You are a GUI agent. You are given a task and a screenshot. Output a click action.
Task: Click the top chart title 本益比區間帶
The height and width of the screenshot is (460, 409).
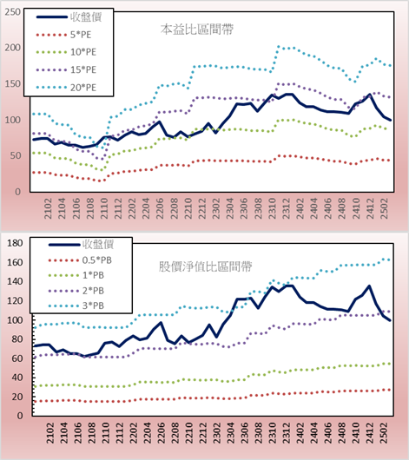(197, 30)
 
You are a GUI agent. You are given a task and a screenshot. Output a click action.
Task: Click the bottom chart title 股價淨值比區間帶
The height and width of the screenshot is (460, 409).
(205, 266)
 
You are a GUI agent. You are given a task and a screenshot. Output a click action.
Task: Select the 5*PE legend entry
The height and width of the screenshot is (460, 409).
(63, 35)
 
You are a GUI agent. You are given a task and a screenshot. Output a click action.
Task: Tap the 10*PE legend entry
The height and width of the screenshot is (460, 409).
(66, 52)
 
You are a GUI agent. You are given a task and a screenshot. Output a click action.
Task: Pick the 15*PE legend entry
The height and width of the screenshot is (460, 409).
(66, 69)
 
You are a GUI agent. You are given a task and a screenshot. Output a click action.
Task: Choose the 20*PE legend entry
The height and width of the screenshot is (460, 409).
(66, 88)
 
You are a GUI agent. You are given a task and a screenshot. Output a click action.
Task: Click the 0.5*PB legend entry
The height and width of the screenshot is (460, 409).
(80, 260)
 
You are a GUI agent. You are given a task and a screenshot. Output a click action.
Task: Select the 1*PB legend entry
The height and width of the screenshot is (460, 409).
(76, 275)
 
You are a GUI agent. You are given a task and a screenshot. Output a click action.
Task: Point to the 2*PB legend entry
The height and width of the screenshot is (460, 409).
(76, 291)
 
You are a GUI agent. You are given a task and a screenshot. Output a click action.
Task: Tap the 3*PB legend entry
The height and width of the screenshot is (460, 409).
(76, 306)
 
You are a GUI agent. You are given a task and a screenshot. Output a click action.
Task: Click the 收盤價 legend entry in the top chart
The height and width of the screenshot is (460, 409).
(69, 17)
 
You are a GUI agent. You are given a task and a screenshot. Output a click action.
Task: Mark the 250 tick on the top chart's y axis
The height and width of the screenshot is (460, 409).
(13, 12)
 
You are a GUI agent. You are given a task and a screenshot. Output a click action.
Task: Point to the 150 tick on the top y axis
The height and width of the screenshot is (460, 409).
(13, 84)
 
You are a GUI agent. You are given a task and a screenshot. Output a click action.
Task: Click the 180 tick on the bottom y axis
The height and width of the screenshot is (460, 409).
(15, 243)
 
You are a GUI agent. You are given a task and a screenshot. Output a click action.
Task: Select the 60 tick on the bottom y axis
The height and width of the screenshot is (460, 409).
(16, 358)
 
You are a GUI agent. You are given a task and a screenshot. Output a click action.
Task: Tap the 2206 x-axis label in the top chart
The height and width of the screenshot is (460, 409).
(160, 208)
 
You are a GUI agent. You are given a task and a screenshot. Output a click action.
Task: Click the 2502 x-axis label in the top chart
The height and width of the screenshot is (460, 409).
(384, 208)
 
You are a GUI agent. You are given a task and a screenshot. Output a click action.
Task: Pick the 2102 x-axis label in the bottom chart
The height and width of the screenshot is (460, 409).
(50, 433)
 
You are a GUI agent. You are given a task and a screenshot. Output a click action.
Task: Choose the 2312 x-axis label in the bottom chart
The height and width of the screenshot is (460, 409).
(287, 433)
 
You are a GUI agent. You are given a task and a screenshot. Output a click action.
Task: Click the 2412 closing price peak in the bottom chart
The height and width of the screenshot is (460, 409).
(369, 286)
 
